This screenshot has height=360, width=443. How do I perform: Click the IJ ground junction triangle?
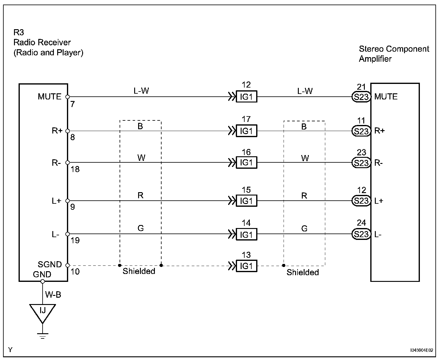click(x=43, y=312)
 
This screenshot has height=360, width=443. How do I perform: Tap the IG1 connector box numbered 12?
click(x=246, y=97)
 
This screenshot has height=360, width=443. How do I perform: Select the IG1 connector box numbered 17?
click(x=246, y=131)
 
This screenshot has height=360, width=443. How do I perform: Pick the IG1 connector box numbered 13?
click(x=246, y=266)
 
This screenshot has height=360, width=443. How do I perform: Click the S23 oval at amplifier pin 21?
click(x=361, y=97)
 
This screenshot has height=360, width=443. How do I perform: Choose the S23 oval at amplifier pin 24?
click(x=361, y=234)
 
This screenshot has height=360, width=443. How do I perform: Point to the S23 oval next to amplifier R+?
click(x=361, y=131)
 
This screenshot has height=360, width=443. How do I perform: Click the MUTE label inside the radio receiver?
click(x=50, y=97)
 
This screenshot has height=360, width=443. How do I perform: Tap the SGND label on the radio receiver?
click(x=50, y=264)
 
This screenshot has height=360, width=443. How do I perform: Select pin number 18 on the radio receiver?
click(x=75, y=169)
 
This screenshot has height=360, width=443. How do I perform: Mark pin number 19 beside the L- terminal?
click(x=75, y=241)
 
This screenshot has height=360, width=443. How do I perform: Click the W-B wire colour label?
click(x=53, y=295)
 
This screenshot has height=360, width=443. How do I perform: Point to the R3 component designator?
click(x=19, y=32)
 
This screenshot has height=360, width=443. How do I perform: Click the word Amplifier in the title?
click(x=375, y=59)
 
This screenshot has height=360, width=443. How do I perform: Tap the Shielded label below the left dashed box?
click(x=139, y=271)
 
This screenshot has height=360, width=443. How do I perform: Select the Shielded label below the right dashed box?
click(x=302, y=272)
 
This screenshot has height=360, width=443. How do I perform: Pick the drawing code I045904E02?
click(x=421, y=350)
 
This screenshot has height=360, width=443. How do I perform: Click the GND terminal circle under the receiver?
click(x=43, y=281)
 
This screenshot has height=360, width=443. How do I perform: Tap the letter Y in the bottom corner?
click(x=10, y=350)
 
